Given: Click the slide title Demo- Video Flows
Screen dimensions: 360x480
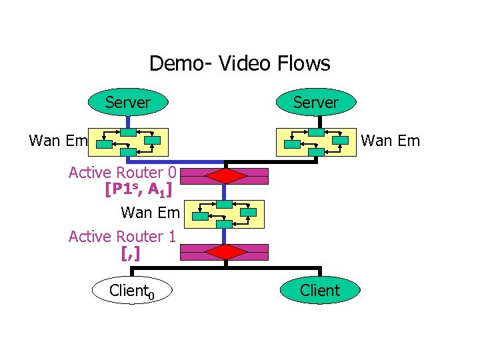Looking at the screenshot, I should (x=239, y=64).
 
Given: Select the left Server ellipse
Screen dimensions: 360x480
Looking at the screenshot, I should (x=127, y=103).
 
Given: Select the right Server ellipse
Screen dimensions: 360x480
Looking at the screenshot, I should (x=316, y=103).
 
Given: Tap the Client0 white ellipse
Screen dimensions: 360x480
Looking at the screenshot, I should (x=132, y=291).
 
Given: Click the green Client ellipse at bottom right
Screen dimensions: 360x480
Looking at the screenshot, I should (x=320, y=291).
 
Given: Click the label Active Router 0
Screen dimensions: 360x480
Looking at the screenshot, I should (x=122, y=173).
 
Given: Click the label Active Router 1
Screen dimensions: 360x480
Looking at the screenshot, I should (x=122, y=237).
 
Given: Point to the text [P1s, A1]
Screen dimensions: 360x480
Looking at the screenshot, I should (x=138, y=189).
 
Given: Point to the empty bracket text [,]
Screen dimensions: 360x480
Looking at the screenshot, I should (x=131, y=253).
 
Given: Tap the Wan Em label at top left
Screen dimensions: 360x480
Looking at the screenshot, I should (x=59, y=141).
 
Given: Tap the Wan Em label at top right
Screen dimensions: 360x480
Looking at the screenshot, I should (x=390, y=141).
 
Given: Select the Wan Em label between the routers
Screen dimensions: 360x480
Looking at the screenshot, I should (x=150, y=213).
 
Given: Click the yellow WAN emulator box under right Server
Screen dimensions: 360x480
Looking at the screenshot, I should (x=317, y=141).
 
